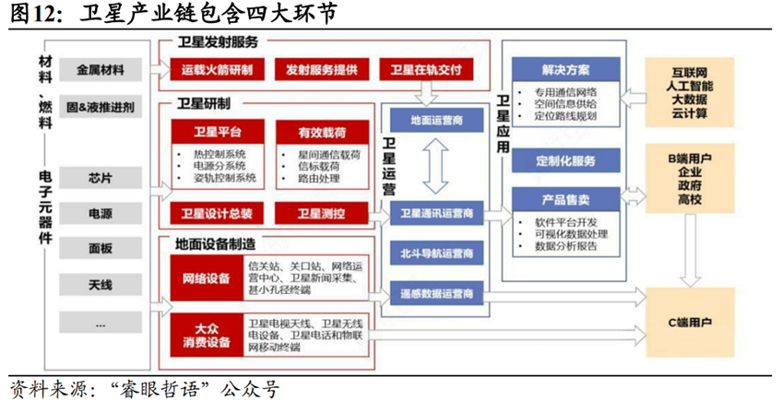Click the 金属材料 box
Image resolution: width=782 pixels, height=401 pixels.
point(101,70)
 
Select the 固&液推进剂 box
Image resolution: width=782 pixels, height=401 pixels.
point(101,107)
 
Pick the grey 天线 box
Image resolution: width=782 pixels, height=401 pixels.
point(101,285)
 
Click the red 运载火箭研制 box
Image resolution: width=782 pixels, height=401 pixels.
point(217,70)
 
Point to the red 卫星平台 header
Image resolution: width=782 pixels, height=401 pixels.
point(217,132)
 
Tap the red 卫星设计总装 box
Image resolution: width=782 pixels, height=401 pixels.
point(217,213)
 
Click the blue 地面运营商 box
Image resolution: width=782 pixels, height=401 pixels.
point(436,121)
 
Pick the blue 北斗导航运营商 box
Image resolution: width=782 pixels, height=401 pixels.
point(436,253)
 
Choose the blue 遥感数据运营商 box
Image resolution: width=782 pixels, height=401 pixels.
point(436,293)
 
